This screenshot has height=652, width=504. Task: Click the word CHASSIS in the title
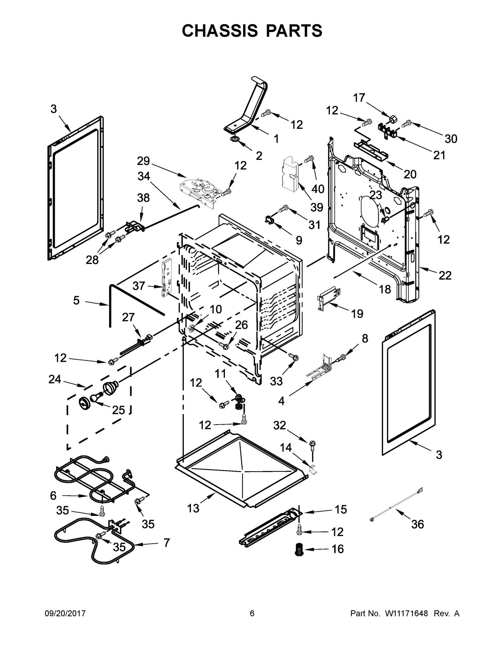[x=220, y=31]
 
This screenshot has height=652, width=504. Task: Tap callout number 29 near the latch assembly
[x=143, y=161]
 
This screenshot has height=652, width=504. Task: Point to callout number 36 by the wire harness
[x=417, y=524]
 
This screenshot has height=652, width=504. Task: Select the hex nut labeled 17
[x=393, y=120]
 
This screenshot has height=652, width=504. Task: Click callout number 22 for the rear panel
[x=445, y=275]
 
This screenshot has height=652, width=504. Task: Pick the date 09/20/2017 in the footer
[x=65, y=613]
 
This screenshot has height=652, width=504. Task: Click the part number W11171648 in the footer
[x=406, y=613]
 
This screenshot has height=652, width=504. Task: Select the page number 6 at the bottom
[x=252, y=613]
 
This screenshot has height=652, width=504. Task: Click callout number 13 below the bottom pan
[x=193, y=508]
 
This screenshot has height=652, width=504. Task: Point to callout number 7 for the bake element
[x=167, y=543]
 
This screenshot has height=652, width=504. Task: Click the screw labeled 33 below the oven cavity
[x=293, y=357]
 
